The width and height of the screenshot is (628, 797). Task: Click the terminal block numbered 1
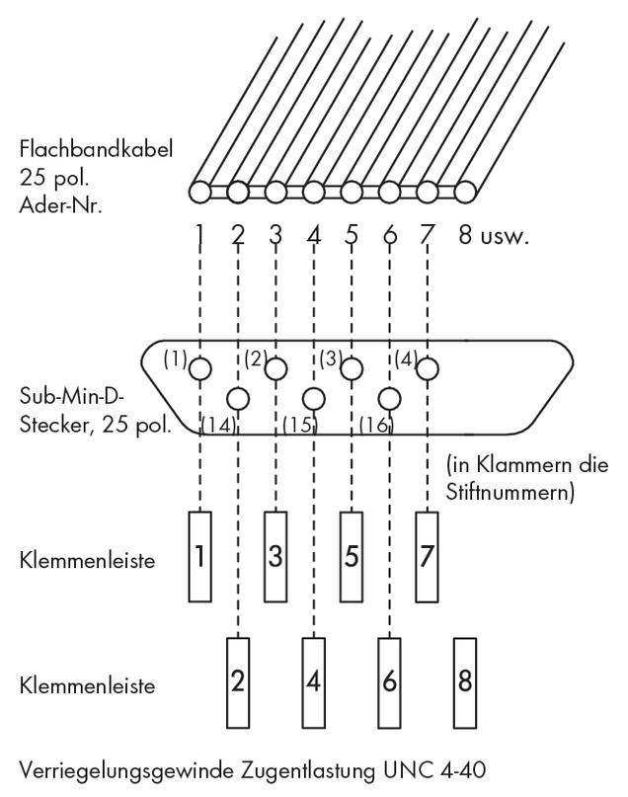[x=199, y=555]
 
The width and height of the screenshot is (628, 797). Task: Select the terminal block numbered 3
[x=275, y=555]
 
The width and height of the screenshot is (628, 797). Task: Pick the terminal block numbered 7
[x=427, y=555]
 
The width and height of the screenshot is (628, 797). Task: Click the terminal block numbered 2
[x=238, y=681]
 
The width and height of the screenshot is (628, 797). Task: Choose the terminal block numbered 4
[x=314, y=681]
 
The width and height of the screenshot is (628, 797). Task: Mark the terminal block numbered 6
[x=390, y=681]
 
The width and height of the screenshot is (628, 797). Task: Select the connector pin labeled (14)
[x=238, y=399]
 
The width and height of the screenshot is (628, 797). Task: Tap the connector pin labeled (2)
[x=275, y=368]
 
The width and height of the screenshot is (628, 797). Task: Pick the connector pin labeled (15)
[x=314, y=399]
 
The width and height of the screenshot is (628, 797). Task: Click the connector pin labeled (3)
[x=352, y=368]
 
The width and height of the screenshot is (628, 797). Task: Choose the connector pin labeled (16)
[x=390, y=399]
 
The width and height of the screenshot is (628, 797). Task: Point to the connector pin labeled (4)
[x=427, y=368]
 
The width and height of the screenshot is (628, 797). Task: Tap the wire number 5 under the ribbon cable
[x=352, y=236]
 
